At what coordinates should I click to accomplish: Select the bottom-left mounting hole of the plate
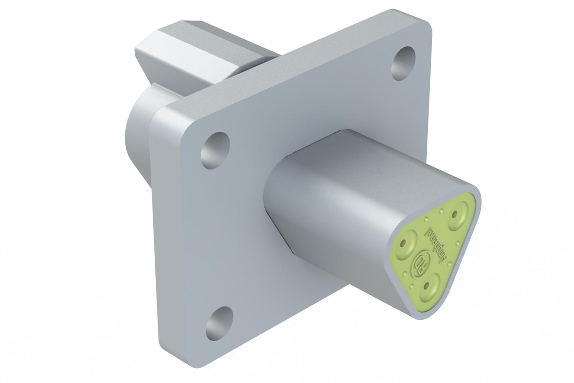(218, 321)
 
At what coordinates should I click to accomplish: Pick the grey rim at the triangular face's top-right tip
(479, 199)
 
